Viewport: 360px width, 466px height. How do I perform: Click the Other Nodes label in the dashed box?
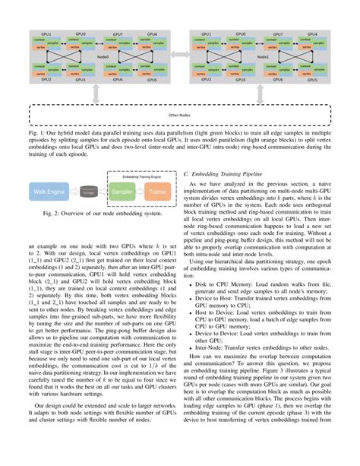180,116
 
